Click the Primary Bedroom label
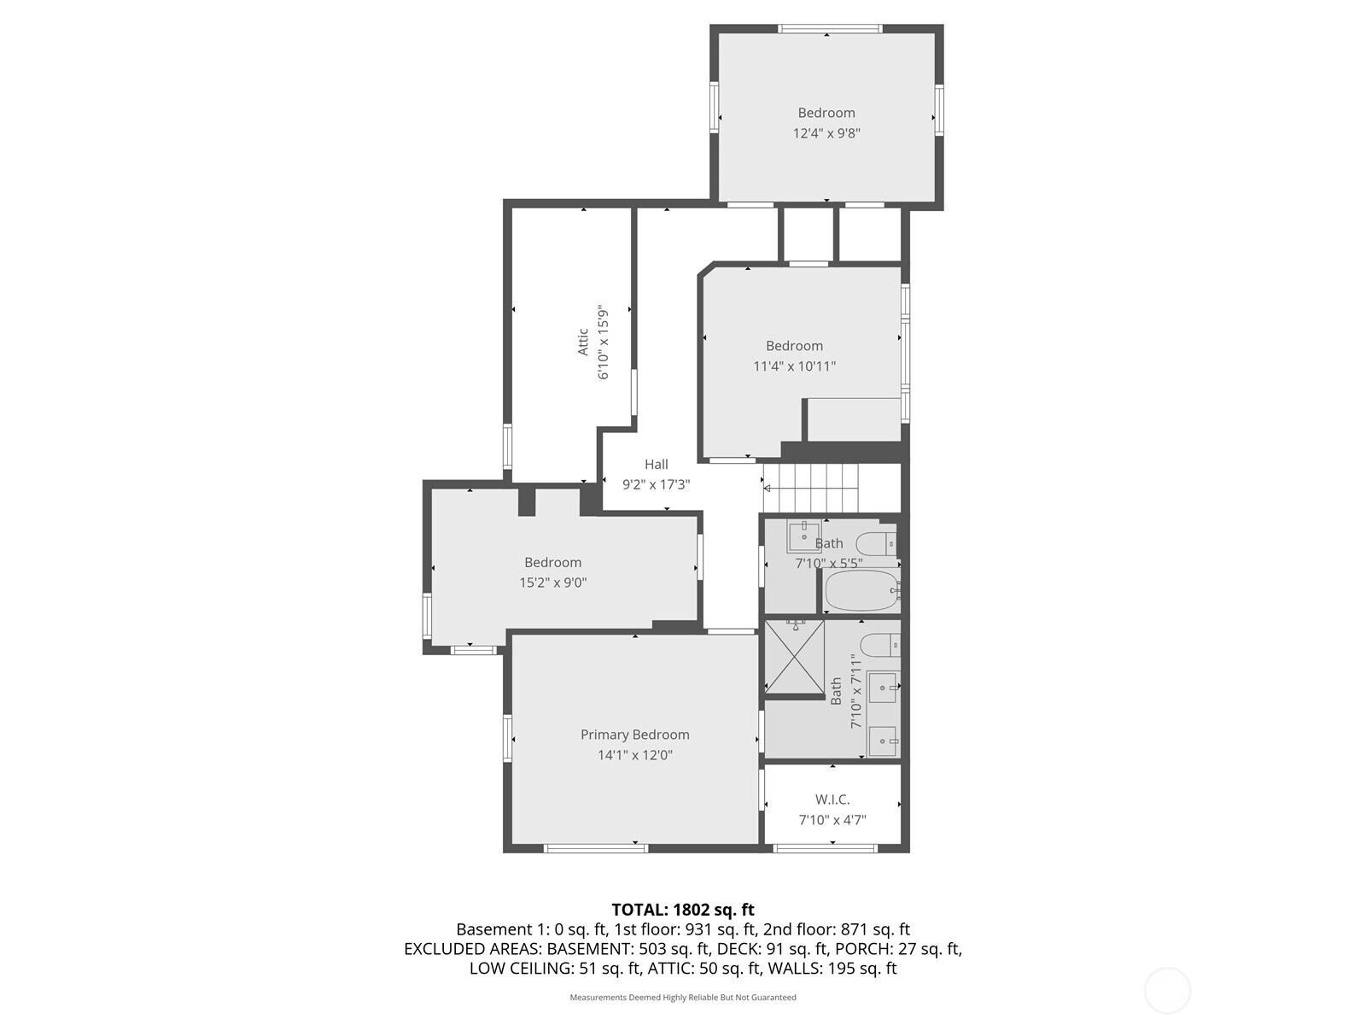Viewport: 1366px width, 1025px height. (x=634, y=735)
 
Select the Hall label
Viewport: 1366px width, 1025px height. (x=656, y=464)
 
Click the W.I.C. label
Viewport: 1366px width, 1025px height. (x=832, y=799)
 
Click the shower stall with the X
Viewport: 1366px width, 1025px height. (x=794, y=657)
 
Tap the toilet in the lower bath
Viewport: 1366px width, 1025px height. (x=879, y=645)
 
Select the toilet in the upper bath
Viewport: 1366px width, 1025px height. (x=877, y=543)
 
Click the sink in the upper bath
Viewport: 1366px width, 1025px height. (x=803, y=536)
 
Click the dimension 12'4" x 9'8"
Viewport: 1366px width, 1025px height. (x=826, y=133)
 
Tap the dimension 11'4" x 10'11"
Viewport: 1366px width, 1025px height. (x=794, y=366)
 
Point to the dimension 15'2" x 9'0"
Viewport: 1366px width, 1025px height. (x=552, y=583)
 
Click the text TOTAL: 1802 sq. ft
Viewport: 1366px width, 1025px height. (x=682, y=910)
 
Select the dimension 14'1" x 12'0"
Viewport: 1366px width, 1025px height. (x=634, y=755)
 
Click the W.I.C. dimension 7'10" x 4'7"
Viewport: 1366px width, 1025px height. (x=832, y=820)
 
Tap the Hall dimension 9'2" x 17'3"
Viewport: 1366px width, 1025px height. (x=656, y=484)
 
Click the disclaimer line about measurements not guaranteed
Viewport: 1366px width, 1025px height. (x=682, y=997)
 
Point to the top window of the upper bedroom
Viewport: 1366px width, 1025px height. (x=829, y=29)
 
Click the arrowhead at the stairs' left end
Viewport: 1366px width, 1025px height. (x=767, y=489)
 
